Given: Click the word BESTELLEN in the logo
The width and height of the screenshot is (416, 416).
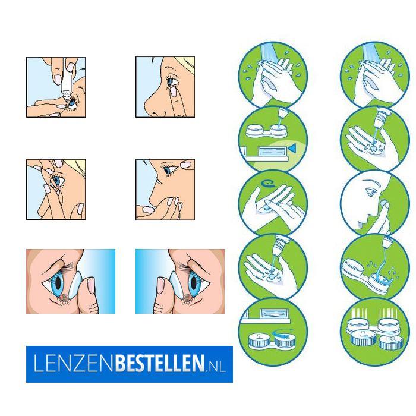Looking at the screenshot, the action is click(160, 363).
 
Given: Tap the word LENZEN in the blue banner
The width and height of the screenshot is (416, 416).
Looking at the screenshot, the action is click(74, 363).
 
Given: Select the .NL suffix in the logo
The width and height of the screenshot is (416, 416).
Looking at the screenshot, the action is click(216, 367).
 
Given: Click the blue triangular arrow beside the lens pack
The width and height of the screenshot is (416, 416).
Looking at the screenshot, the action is click(292, 148).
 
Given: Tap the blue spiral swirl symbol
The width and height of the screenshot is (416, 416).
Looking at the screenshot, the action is click(267, 184).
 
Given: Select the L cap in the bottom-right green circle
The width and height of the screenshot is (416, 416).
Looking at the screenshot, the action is click(363, 337).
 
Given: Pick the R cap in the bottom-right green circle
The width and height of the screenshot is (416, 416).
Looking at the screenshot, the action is click(391, 342).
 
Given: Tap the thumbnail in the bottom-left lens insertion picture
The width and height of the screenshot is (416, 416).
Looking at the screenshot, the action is click(91, 285).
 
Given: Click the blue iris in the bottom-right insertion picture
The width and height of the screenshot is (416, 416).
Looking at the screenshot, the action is click(194, 283).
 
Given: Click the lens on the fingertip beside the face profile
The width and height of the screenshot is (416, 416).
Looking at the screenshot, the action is click(383, 204).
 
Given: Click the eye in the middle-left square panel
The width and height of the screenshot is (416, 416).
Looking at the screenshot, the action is click(58, 181).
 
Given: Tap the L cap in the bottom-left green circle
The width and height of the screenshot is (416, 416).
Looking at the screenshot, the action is click(259, 339).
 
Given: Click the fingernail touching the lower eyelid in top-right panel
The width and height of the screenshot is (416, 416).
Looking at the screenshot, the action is click(174, 92).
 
